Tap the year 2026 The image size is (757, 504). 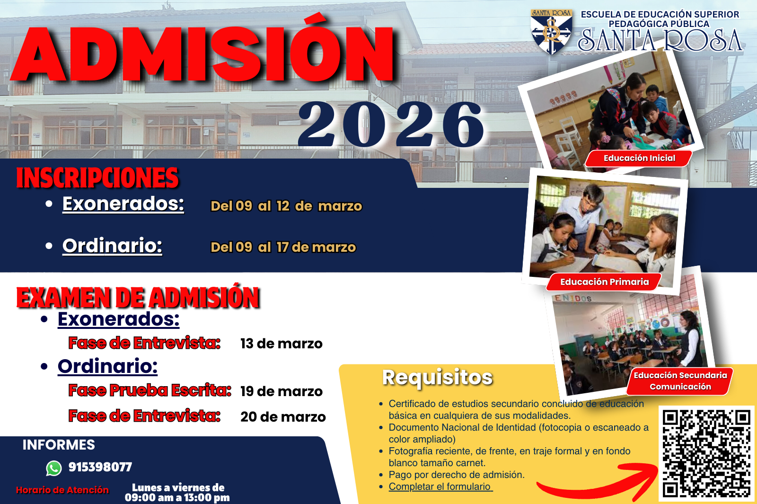[x=391, y=124]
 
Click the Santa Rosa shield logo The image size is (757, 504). [x=551, y=32]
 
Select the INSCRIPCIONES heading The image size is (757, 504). [x=97, y=177]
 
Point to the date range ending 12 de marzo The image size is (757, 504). [x=286, y=206]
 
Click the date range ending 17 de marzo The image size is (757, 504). [x=283, y=247]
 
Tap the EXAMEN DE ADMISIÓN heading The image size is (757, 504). [x=138, y=297]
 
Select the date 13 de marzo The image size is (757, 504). [x=282, y=344]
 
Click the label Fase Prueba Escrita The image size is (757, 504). [x=150, y=390]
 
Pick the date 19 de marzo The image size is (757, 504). [x=282, y=391]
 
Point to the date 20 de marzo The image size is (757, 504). [x=283, y=416]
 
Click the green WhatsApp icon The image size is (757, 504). [x=54, y=468]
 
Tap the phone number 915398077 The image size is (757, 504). [x=100, y=467]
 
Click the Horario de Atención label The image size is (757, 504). [x=62, y=490]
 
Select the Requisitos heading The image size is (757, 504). [x=438, y=378]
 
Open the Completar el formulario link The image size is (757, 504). [x=440, y=486]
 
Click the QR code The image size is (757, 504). [x=707, y=453]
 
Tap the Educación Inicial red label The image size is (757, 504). [x=639, y=158]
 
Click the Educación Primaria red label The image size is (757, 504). [x=604, y=282]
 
